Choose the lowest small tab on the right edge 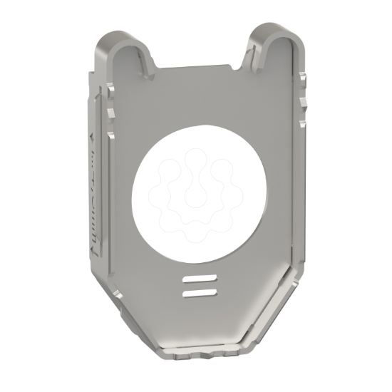(302, 124)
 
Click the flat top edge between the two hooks (192, 69)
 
